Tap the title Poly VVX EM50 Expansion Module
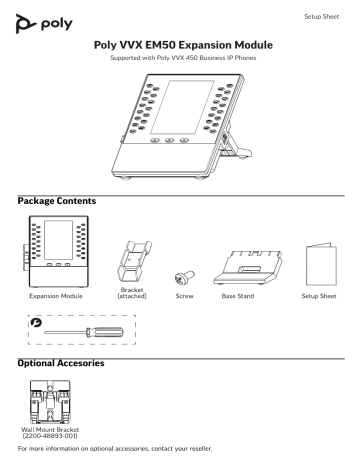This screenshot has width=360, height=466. point(179,46)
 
